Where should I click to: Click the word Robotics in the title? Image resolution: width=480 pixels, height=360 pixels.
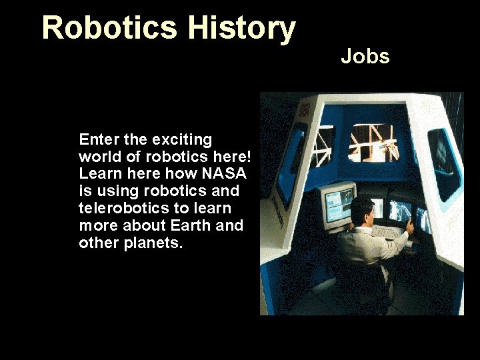coord(111,28)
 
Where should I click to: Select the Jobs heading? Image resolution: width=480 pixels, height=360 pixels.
coord(365,57)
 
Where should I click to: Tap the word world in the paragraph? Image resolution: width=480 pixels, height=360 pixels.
coord(97,157)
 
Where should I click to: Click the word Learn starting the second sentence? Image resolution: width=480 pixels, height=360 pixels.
coord(97,174)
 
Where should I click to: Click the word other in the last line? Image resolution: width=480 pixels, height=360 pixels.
coord(97,243)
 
